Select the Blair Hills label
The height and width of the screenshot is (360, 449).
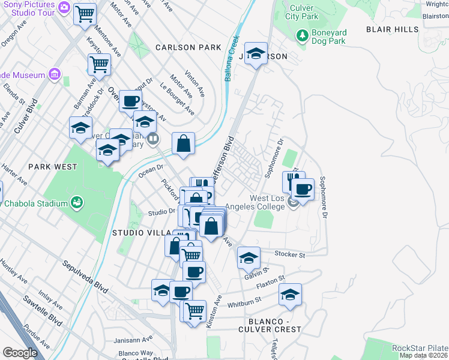point(393,29)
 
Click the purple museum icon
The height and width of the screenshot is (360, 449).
point(55,75)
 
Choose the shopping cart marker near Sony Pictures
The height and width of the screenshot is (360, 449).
point(85,13)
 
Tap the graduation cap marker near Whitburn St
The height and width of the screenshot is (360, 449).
point(290,295)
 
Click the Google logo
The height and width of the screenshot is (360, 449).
point(20,352)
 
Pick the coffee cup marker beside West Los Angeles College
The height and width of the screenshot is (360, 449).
point(303,190)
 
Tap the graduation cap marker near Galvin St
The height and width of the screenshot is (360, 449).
point(249,258)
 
